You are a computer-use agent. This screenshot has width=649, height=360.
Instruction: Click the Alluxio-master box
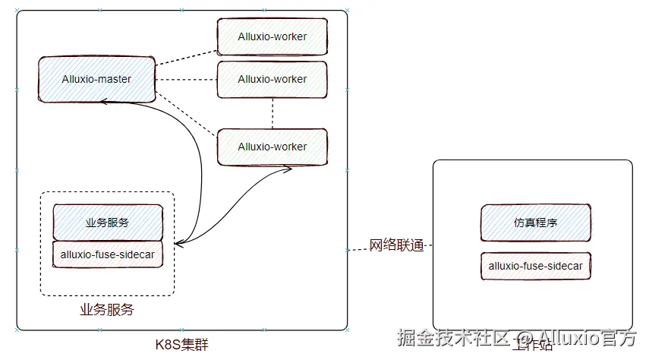(x=96, y=79)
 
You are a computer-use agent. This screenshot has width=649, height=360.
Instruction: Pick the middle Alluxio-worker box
(x=273, y=79)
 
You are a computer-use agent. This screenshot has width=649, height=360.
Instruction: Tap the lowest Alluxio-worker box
(x=273, y=147)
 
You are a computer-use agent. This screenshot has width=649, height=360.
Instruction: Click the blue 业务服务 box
(x=107, y=223)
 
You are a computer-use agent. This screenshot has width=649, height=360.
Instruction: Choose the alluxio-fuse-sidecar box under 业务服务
(x=107, y=254)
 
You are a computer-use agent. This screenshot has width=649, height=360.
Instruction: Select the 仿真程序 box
(x=535, y=223)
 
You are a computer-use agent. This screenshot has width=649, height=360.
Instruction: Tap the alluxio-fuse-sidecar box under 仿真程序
(x=536, y=267)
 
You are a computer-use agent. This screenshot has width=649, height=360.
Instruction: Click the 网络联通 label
(x=396, y=246)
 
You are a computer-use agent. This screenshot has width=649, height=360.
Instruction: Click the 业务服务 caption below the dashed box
(x=107, y=310)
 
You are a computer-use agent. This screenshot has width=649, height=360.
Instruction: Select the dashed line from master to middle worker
(x=185, y=79)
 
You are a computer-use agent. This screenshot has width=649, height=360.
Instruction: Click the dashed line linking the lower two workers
(x=273, y=113)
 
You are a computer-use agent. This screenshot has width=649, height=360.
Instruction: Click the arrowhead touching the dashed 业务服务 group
(x=179, y=244)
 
